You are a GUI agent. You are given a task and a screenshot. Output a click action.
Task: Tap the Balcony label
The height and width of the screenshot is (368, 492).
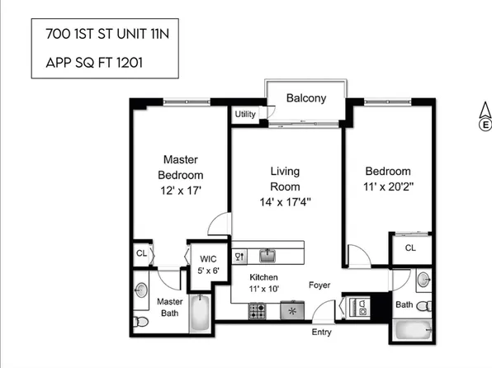click(305, 98)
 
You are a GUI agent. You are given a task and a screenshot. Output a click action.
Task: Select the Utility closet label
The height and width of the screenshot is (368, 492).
click(245, 114)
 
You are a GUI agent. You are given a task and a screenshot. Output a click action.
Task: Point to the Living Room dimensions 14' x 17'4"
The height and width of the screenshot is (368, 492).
click(284, 201)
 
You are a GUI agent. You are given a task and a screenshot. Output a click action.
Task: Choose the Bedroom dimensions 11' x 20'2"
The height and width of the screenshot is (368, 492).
click(388, 186)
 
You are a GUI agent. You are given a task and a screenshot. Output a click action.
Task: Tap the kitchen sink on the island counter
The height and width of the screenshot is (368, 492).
click(267, 255)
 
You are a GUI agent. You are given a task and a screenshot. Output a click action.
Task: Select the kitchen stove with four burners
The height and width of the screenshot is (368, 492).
click(258, 312)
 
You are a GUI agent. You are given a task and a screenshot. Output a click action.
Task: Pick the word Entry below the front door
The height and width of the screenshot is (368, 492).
click(322, 333)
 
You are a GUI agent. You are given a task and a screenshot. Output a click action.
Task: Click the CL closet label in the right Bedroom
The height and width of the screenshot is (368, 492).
click(410, 248)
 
